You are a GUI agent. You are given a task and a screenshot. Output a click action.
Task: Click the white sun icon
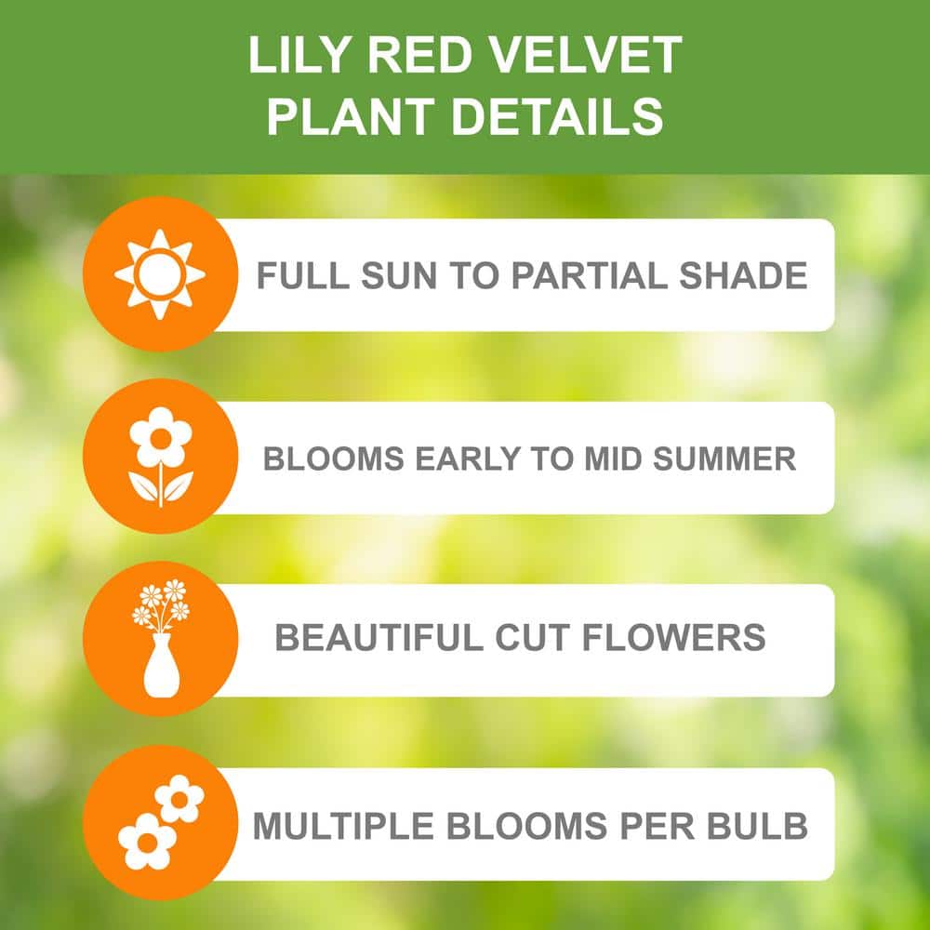pos(160,274)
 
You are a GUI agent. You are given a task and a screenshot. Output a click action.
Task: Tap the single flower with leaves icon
pos(160,456)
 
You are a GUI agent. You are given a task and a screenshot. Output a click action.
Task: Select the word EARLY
pos(474,458)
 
